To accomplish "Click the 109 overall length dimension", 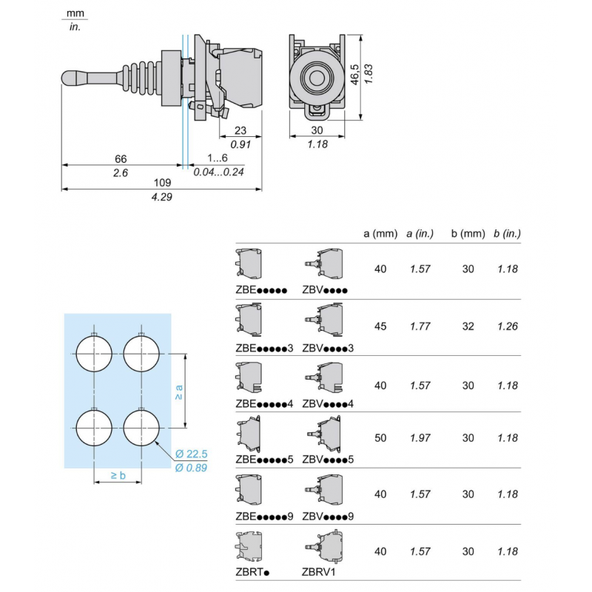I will (162, 182).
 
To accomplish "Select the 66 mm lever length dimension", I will (120, 158).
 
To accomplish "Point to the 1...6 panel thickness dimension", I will (218, 158).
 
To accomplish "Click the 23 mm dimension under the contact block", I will (240, 129).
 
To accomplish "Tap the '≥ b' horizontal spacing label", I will (118, 475).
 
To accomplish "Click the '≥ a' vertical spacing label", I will (178, 391).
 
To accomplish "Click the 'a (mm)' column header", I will (380, 234).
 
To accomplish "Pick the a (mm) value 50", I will (380, 438).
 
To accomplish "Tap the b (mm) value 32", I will (468, 326).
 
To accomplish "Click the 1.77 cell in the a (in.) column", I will (420, 326).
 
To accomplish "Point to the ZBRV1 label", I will (319, 571).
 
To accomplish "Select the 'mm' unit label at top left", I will (74, 14).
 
